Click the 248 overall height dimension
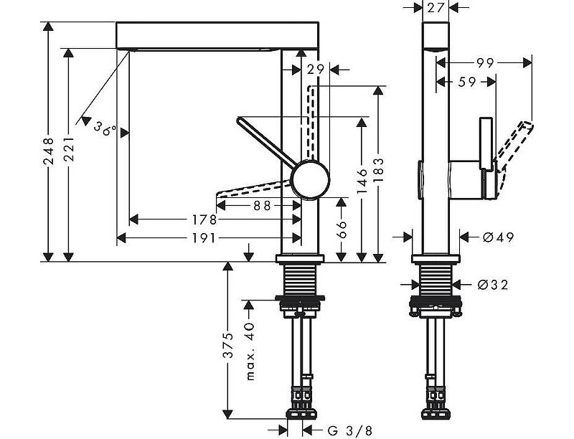click(x=48, y=151)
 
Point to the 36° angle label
click(x=105, y=129)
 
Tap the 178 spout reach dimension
click(x=205, y=219)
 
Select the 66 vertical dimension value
click(x=342, y=230)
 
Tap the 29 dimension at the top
click(x=314, y=70)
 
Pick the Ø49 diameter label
click(x=498, y=237)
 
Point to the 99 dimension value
click(x=486, y=63)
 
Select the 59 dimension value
click(x=466, y=82)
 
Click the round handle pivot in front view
click(x=311, y=179)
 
